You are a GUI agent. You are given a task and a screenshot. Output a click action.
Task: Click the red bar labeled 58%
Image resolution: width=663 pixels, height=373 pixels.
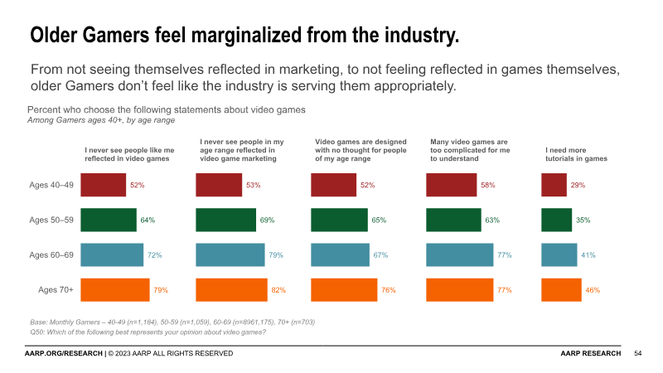(452, 185)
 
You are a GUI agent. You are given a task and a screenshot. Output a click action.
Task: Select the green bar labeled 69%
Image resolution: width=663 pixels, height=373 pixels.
(225, 220)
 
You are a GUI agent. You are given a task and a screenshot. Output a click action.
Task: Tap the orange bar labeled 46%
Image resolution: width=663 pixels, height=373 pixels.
(561, 290)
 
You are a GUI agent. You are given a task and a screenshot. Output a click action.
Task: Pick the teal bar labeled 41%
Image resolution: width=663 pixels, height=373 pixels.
(559, 255)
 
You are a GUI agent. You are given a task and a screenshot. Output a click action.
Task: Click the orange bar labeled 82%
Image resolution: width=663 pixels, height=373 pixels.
(231, 290)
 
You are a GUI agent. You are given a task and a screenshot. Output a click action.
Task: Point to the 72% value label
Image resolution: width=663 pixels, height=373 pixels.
(154, 255)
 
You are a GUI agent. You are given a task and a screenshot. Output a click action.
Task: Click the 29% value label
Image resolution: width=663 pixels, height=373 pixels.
(578, 185)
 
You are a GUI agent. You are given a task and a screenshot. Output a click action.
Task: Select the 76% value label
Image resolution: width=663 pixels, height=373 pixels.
(389, 290)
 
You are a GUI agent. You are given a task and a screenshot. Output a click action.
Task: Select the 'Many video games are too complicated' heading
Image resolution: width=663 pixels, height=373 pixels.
(469, 150)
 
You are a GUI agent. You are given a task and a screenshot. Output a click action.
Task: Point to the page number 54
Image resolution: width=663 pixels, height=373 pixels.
(638, 354)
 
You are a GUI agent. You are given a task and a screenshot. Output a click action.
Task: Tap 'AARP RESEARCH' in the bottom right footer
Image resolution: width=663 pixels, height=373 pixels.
(590, 354)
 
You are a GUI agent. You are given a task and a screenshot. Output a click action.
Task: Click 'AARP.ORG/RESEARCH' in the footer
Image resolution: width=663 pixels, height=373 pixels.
(63, 354)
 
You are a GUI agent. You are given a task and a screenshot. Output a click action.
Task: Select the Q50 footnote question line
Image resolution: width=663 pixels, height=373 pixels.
(148, 332)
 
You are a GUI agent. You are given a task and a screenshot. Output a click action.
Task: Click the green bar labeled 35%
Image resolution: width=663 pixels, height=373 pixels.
(556, 220)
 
